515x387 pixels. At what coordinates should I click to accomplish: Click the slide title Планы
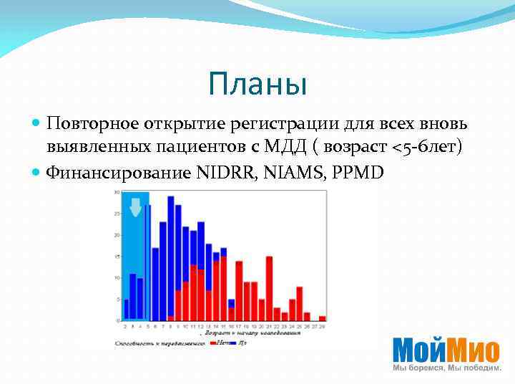point(257,85)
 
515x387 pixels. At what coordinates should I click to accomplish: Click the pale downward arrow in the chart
point(135,206)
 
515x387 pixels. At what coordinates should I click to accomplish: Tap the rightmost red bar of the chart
point(322,317)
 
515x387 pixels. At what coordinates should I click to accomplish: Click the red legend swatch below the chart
point(214,343)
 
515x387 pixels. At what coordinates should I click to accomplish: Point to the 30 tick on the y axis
point(116,192)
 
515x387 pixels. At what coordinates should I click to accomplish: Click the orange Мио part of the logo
point(474,350)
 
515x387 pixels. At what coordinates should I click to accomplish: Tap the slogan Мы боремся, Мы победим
point(446,368)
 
